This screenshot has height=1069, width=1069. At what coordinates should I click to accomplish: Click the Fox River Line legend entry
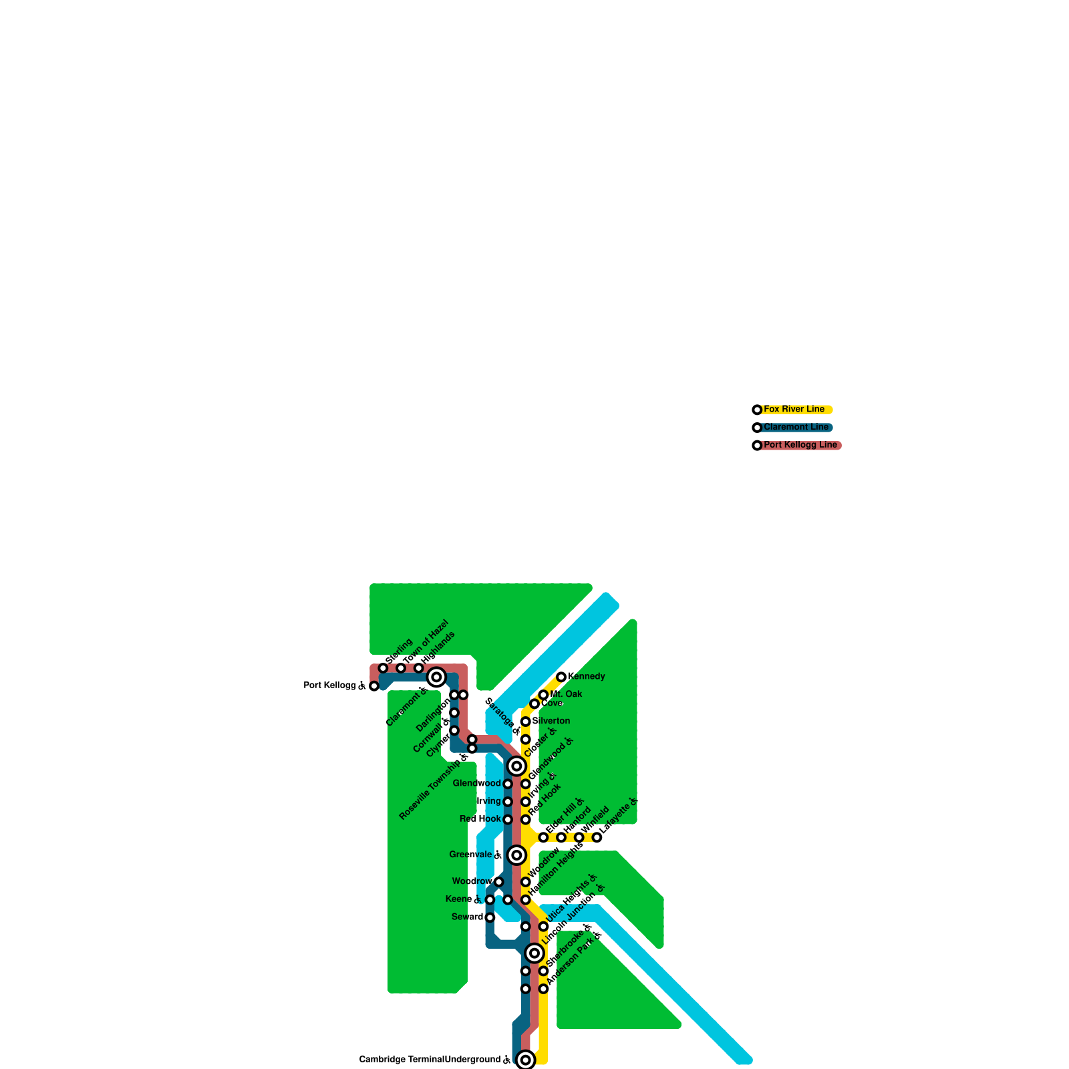coord(794,409)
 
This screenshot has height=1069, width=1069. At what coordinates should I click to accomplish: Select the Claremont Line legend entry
coord(795,427)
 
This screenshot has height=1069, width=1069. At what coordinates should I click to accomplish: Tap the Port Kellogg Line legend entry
coord(800,445)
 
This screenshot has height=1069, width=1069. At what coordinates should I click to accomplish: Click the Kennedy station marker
coord(561,677)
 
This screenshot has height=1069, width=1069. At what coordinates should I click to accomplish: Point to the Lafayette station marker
coord(597,837)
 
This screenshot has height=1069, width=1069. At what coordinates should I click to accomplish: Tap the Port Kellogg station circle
coord(374,686)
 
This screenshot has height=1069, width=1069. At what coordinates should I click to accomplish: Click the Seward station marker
coord(490,917)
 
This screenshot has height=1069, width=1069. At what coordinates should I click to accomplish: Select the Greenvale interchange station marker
coord(516,855)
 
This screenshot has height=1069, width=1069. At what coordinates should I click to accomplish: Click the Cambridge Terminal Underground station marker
coord(526,1060)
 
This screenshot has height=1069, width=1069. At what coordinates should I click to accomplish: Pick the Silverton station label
coord(551,721)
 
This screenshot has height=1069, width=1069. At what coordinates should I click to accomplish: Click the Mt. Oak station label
coord(566,694)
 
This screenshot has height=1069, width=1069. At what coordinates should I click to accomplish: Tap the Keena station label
coord(458,899)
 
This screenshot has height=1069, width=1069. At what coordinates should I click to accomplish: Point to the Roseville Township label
coord(430,789)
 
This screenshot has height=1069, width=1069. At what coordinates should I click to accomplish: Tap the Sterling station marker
coord(383,668)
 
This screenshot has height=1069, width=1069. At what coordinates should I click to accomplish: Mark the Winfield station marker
coord(579,837)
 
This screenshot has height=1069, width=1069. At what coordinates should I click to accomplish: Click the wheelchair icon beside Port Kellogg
coord(362,685)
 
